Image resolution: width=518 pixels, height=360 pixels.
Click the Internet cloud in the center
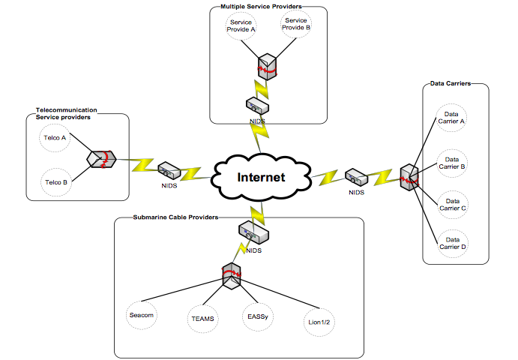[x=261, y=177]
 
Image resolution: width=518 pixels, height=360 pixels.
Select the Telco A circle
[x=54, y=139]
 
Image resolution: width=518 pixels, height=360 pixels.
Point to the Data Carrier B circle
[x=452, y=162]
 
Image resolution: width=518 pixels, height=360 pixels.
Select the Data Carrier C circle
[x=452, y=203]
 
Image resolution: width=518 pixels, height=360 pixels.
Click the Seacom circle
[x=141, y=316]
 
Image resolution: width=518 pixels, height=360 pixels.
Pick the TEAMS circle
[x=202, y=319]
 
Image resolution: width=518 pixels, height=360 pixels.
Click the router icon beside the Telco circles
[x=100, y=159]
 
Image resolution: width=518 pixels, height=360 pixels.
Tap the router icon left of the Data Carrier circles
[x=407, y=177]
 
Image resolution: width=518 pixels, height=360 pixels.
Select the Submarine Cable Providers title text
[x=175, y=217]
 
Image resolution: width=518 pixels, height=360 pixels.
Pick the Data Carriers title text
[x=451, y=83]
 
